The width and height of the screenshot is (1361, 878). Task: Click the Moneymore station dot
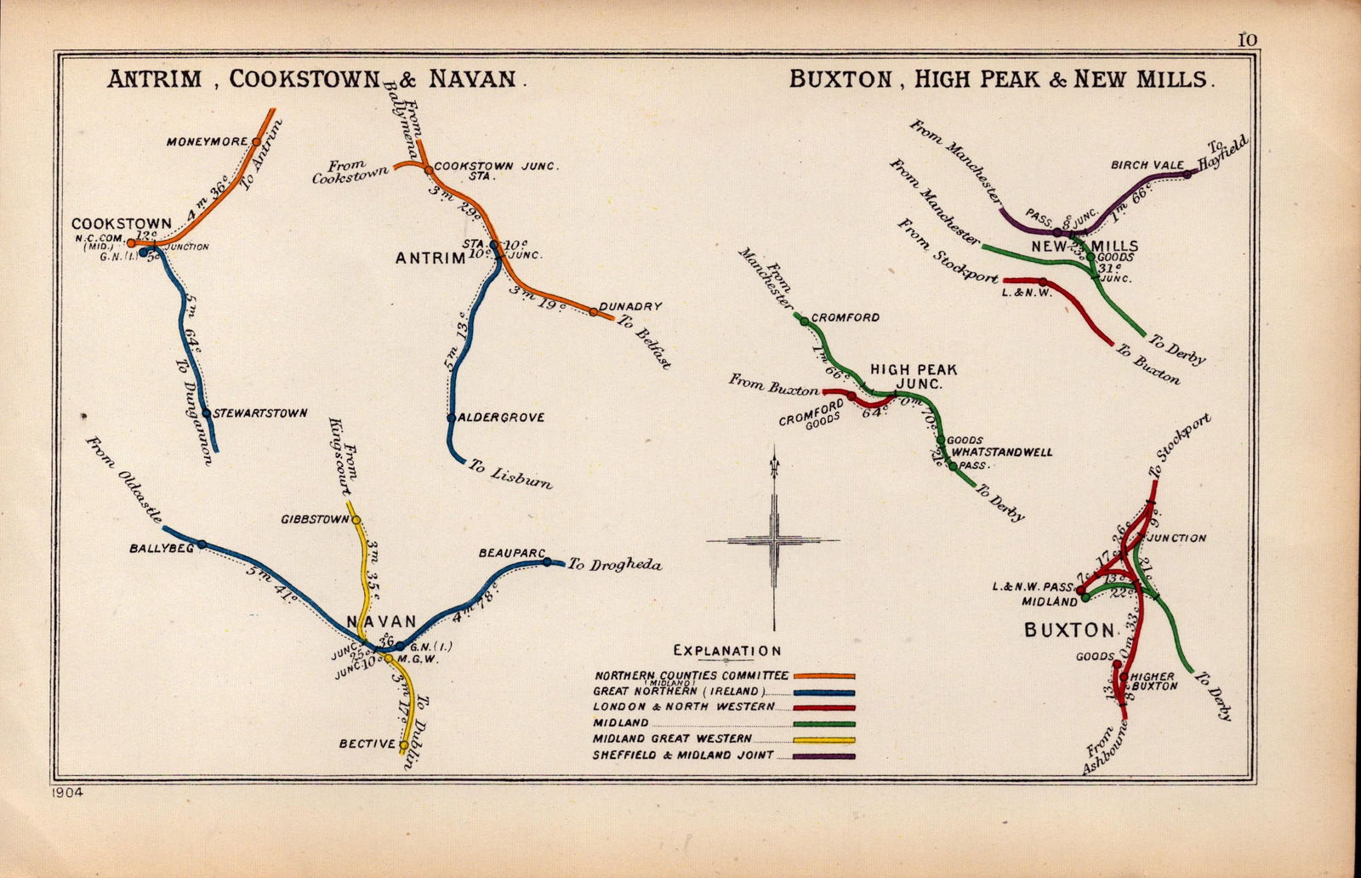(255, 141)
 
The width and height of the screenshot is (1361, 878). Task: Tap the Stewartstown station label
(261, 413)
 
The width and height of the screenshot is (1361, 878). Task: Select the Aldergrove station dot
(451, 418)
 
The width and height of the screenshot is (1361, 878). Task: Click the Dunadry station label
(630, 306)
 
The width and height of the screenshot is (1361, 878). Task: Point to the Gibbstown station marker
(356, 520)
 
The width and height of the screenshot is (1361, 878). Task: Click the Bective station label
(367, 744)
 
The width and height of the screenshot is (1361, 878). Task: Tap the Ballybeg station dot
(202, 544)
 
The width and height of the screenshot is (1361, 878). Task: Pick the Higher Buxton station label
(1154, 681)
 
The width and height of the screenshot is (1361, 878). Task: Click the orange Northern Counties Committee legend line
(824, 676)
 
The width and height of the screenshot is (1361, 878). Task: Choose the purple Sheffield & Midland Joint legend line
(824, 755)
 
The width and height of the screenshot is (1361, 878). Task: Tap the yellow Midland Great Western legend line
(824, 739)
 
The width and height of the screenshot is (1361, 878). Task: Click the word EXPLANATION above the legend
(726, 651)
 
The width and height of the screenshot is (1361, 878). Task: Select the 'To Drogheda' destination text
(614, 564)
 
